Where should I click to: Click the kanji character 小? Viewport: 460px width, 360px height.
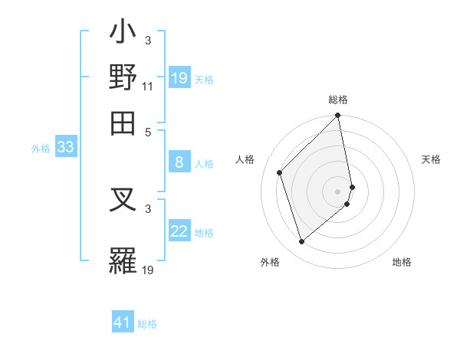[x=123, y=35]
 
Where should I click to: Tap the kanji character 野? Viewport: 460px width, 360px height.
[x=123, y=77]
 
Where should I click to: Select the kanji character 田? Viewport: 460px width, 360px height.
[x=123, y=120]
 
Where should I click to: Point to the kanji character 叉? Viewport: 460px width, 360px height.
[x=123, y=205]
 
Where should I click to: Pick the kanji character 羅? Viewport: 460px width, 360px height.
[x=123, y=260]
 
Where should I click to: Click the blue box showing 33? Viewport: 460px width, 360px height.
[x=65, y=148]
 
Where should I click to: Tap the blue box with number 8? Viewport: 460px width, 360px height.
[x=179, y=162]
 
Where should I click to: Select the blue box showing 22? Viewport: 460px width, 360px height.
[x=179, y=232]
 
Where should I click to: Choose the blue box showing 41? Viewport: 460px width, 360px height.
[x=123, y=322]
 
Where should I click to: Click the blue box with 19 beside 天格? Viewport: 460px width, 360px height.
[x=179, y=78]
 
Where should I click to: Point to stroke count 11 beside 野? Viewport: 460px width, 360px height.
[x=148, y=86]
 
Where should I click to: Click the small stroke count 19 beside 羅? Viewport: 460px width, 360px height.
[x=148, y=270]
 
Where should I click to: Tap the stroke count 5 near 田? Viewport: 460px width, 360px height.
[x=148, y=129]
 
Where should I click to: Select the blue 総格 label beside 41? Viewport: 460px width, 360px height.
[x=147, y=324]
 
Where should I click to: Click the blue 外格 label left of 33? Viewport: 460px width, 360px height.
[x=41, y=149]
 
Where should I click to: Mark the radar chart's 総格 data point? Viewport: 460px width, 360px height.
[x=338, y=116]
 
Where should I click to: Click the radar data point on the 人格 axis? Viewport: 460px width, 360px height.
[x=280, y=172]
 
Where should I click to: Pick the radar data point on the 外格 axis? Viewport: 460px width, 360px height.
[x=302, y=242]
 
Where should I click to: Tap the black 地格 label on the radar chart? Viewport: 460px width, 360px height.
[x=402, y=263]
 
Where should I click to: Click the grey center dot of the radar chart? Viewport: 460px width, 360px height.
[x=338, y=191]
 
